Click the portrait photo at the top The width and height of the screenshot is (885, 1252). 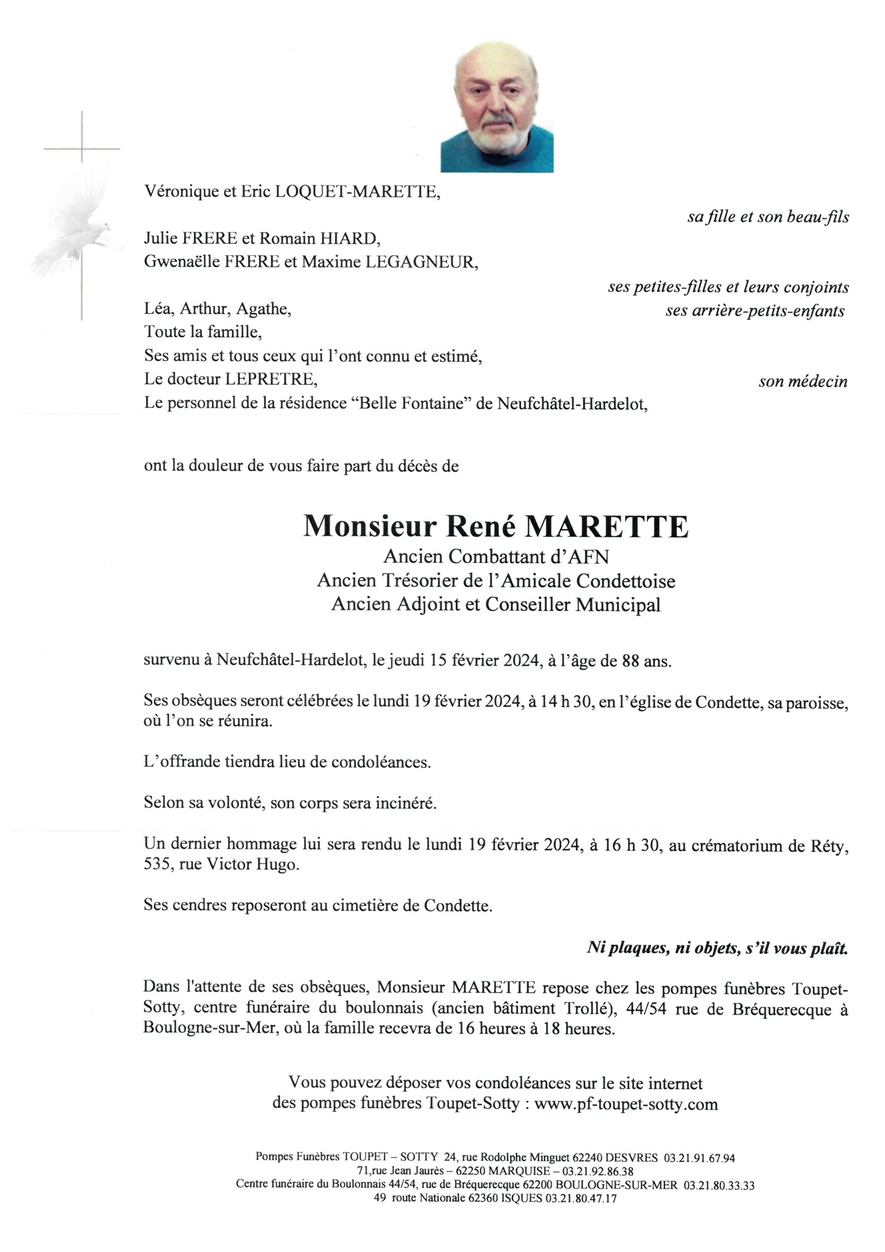click(497, 107)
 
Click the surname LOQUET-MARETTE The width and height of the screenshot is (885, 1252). click(357, 192)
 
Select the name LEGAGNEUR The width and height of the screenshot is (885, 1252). click(421, 262)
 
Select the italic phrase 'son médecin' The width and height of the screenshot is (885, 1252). click(803, 382)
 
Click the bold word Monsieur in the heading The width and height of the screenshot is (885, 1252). click(370, 526)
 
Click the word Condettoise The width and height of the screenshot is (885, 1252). click(626, 581)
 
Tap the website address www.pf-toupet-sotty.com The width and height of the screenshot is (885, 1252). click(626, 1104)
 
